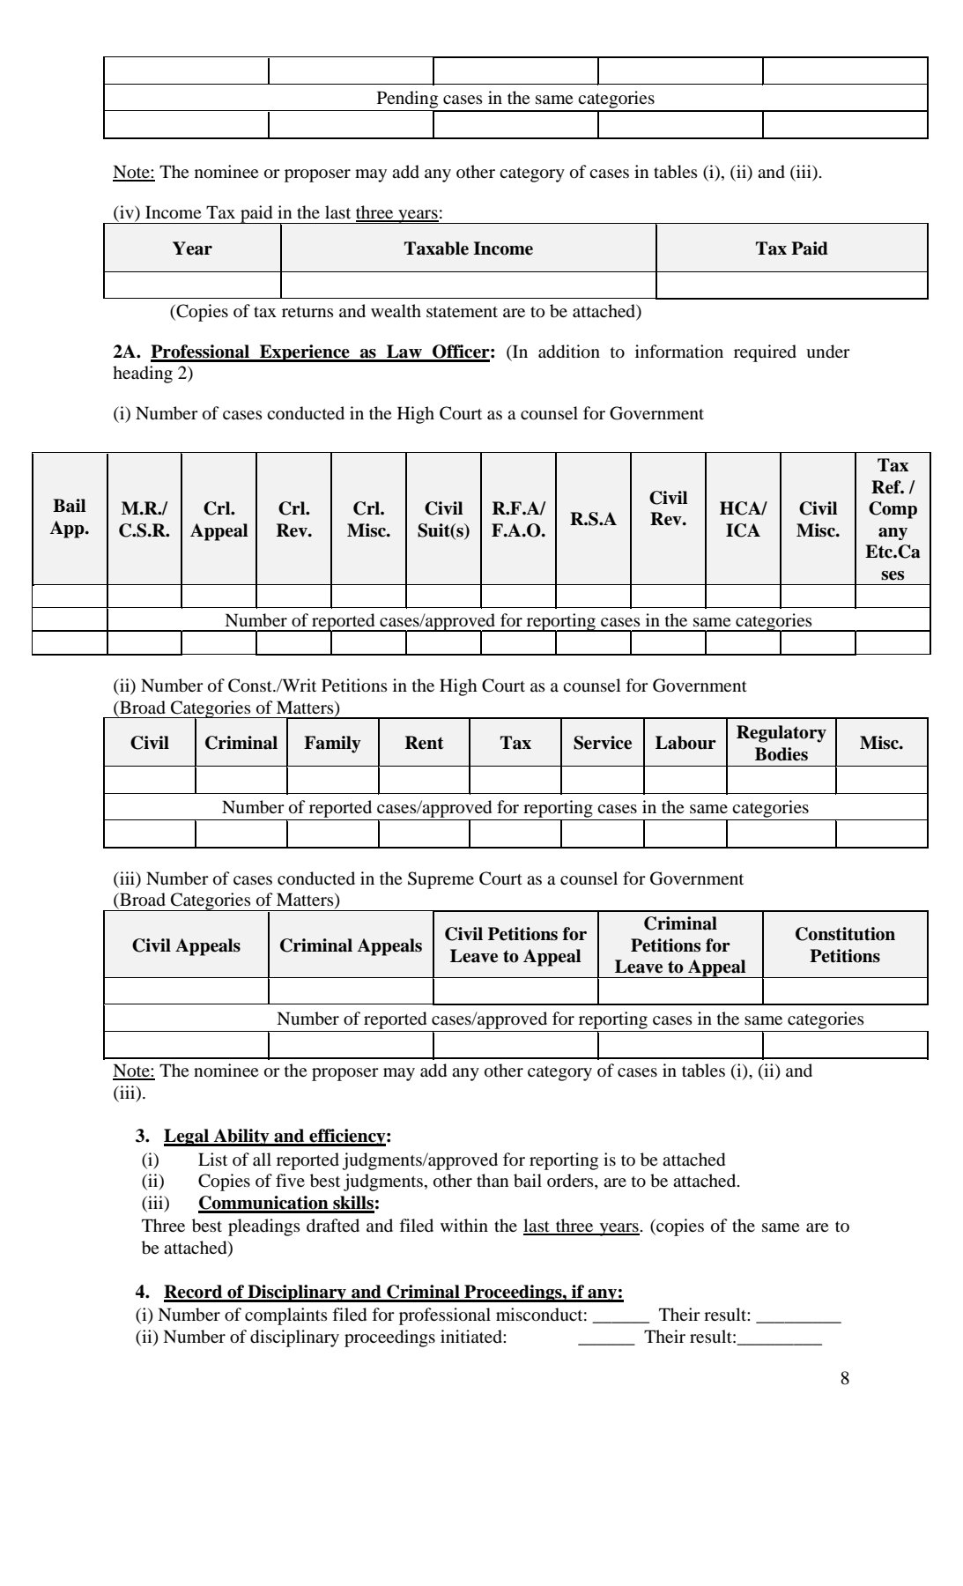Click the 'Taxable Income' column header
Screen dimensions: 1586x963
[x=468, y=248]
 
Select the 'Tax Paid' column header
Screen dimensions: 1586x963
[x=791, y=248]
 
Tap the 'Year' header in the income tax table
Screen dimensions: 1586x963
[x=192, y=248]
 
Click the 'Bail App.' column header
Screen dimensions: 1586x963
[x=70, y=517]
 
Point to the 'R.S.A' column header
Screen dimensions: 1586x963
[x=593, y=519]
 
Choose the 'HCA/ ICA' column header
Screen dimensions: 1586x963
[x=743, y=519]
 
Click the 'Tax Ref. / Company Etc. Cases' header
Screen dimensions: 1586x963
[x=893, y=519]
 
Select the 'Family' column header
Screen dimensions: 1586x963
[x=332, y=743]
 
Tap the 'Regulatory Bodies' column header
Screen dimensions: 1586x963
[x=781, y=743]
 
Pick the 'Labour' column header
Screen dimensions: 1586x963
[x=685, y=743]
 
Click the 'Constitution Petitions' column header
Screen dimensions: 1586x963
[x=844, y=945]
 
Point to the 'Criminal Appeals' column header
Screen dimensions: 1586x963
[x=351, y=945]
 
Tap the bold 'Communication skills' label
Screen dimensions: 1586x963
[x=289, y=1203]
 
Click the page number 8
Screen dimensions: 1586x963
[x=845, y=1379]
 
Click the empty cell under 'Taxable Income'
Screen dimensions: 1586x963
[x=468, y=285]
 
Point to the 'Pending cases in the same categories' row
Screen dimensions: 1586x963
[x=515, y=98]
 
